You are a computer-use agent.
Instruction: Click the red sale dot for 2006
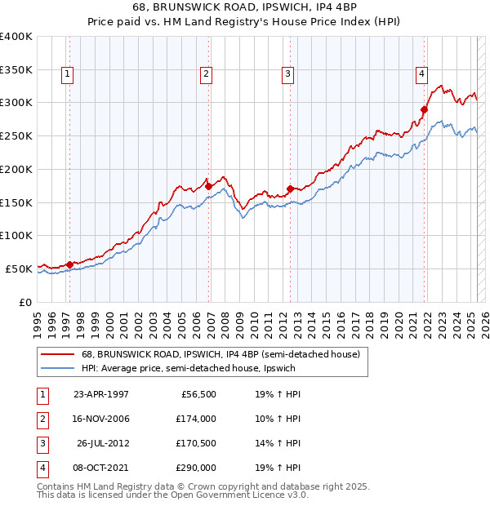[x=208, y=186]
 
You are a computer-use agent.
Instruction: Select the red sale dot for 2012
[x=290, y=189]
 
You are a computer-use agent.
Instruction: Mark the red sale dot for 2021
[x=425, y=109]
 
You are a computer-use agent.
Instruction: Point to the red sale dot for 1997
[x=70, y=264]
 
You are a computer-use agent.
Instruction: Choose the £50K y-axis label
[x=18, y=268]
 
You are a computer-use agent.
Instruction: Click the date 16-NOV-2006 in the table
[x=101, y=419]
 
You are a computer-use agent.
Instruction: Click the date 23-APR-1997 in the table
[x=101, y=394]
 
